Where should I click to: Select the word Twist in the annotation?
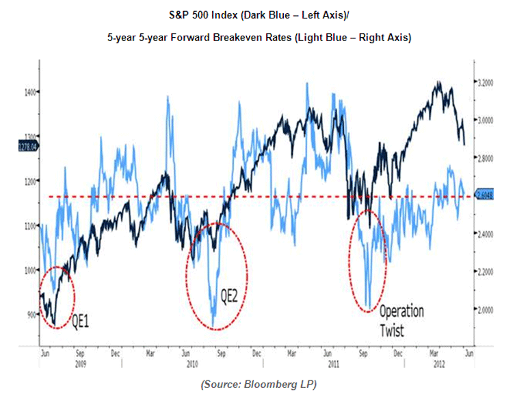[392, 330]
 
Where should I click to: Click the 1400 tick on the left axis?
[30, 91]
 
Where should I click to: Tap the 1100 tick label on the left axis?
[30, 226]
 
